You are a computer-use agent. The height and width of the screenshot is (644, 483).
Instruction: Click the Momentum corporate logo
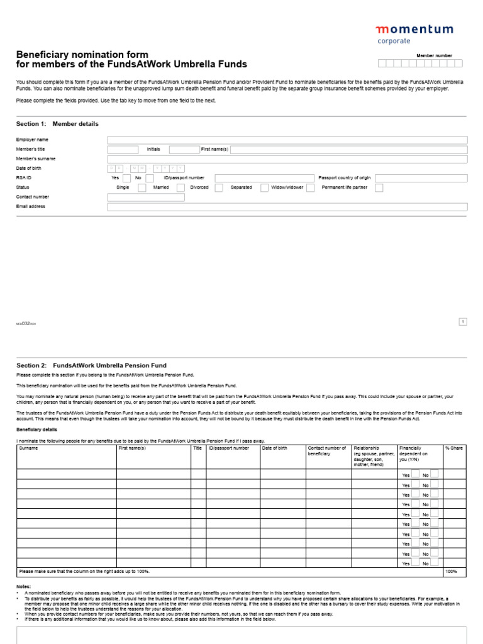pyautogui.click(x=414, y=33)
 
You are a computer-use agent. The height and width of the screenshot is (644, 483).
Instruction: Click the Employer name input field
pyautogui.click(x=287, y=140)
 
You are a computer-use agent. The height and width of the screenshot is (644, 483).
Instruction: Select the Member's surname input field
pyautogui.click(x=287, y=160)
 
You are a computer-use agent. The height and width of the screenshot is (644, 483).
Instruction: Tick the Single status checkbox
pyautogui.click(x=142, y=188)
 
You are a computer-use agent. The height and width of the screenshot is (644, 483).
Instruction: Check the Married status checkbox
pyautogui.click(x=180, y=188)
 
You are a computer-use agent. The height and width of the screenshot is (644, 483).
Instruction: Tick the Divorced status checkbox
pyautogui.click(x=219, y=188)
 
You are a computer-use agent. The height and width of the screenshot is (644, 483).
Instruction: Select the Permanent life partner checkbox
pyautogui.click(x=379, y=188)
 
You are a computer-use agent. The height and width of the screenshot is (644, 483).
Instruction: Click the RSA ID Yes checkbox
pyautogui.click(x=127, y=179)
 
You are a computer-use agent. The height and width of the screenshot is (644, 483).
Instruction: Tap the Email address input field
pyautogui.click(x=287, y=207)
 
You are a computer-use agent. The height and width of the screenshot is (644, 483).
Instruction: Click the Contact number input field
pyautogui.click(x=146, y=197)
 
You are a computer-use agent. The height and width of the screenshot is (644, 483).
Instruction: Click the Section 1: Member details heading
pyautogui.click(x=57, y=124)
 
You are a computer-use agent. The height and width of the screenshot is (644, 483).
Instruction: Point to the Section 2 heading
pyautogui.click(x=91, y=365)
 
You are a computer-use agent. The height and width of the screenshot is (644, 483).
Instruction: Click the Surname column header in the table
pyautogui.click(x=28, y=448)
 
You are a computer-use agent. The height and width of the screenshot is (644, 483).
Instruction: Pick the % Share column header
pyautogui.click(x=453, y=448)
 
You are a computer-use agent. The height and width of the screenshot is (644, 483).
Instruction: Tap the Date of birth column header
pyautogui.click(x=275, y=448)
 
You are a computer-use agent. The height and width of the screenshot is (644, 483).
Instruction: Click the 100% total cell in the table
pyautogui.click(x=452, y=572)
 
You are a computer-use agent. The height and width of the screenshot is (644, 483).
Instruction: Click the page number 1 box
pyautogui.click(x=463, y=322)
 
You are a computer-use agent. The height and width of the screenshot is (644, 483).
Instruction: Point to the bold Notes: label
pyautogui.click(x=23, y=586)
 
